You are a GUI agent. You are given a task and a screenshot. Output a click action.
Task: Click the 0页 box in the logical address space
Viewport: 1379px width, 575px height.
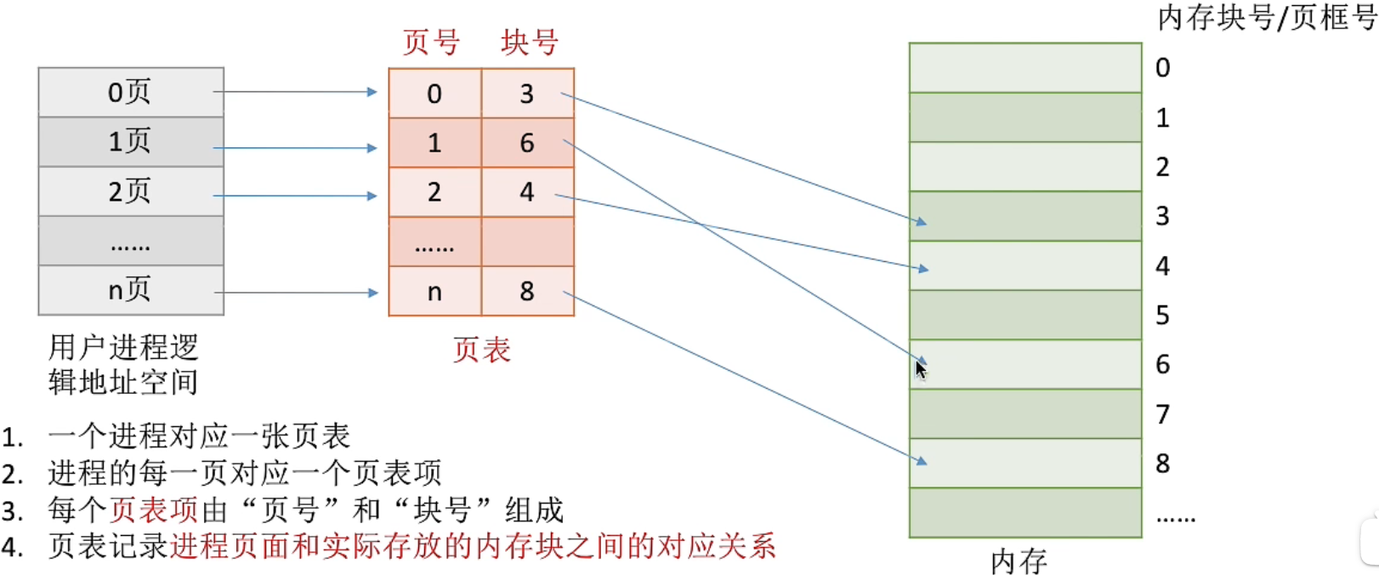[131, 92]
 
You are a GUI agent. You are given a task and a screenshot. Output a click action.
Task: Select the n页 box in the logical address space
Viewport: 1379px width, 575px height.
[131, 291]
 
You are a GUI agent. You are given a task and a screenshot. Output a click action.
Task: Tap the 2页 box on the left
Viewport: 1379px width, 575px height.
[131, 191]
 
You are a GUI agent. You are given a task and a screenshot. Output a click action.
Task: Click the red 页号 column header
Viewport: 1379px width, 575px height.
[431, 42]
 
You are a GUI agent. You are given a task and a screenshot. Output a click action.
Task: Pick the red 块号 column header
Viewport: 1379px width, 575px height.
[529, 42]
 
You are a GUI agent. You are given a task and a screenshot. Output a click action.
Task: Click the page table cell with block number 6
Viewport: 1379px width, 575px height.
[527, 142]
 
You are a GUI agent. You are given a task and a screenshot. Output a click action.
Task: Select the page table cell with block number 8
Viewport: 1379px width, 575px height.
[527, 291]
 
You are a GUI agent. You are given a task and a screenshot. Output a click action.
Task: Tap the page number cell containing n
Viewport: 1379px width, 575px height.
[434, 291]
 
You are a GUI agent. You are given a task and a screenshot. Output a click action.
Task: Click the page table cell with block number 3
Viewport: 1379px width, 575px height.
[527, 93]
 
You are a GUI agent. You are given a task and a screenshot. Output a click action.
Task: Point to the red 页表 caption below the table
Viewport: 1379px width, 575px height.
[481, 350]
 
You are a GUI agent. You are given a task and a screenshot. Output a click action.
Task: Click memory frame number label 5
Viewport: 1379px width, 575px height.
[1162, 316]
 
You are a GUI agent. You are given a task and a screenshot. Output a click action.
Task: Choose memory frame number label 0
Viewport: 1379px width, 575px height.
[1162, 67]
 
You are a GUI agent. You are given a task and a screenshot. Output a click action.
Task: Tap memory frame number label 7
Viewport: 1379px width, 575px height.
[1162, 414]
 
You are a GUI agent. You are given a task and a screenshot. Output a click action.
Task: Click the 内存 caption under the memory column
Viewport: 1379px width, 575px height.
[1019, 561]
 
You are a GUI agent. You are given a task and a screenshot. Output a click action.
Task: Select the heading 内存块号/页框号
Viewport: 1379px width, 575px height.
[1267, 18]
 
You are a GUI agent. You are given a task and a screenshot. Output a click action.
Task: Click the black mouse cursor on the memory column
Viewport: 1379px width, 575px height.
[920, 369]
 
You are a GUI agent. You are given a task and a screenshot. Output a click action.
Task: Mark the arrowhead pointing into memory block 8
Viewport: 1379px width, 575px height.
[922, 462]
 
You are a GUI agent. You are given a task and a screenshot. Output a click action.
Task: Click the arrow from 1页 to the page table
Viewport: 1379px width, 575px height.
[295, 148]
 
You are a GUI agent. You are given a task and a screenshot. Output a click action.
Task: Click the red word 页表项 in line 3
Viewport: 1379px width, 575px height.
[155, 510]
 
